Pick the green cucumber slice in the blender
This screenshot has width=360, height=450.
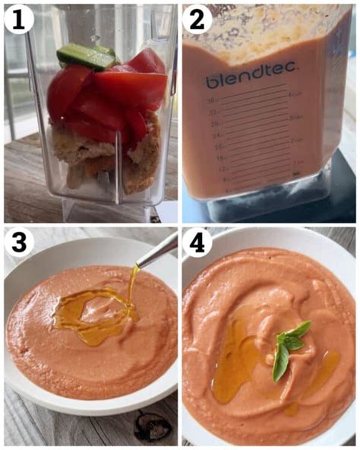tap(86, 55)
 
